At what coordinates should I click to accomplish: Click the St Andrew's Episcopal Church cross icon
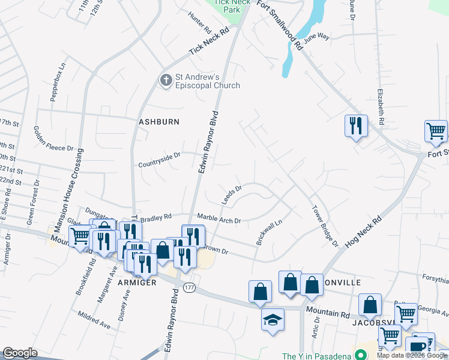point(166,80)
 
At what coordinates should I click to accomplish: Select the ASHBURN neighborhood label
point(159,122)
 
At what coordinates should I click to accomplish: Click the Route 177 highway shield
point(189,288)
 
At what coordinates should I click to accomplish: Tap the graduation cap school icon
point(273,319)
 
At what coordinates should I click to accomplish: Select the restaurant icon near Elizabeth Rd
point(356,126)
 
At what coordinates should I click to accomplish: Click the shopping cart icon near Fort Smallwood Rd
point(435,131)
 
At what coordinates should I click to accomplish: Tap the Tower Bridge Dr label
point(324,226)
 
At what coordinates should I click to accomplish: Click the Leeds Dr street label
point(231,195)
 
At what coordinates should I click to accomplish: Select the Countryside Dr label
point(159,160)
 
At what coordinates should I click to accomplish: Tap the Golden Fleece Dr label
point(53,139)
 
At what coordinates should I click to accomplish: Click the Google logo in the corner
point(20,353)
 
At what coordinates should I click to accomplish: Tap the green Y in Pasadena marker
point(361,355)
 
